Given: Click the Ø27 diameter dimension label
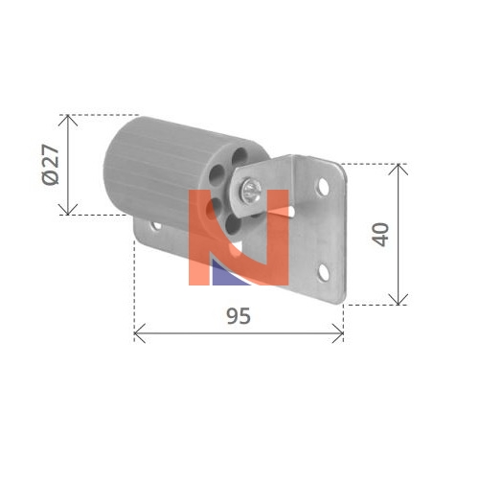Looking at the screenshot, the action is point(51,165).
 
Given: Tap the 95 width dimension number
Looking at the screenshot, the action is point(239,316).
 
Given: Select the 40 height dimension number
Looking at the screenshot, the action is point(380,235).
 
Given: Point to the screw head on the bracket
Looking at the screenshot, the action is point(251,192).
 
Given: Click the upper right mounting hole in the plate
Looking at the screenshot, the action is point(323,188).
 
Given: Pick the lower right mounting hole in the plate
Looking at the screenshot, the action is point(324,272).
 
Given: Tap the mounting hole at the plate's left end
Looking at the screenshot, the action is point(156,225).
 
